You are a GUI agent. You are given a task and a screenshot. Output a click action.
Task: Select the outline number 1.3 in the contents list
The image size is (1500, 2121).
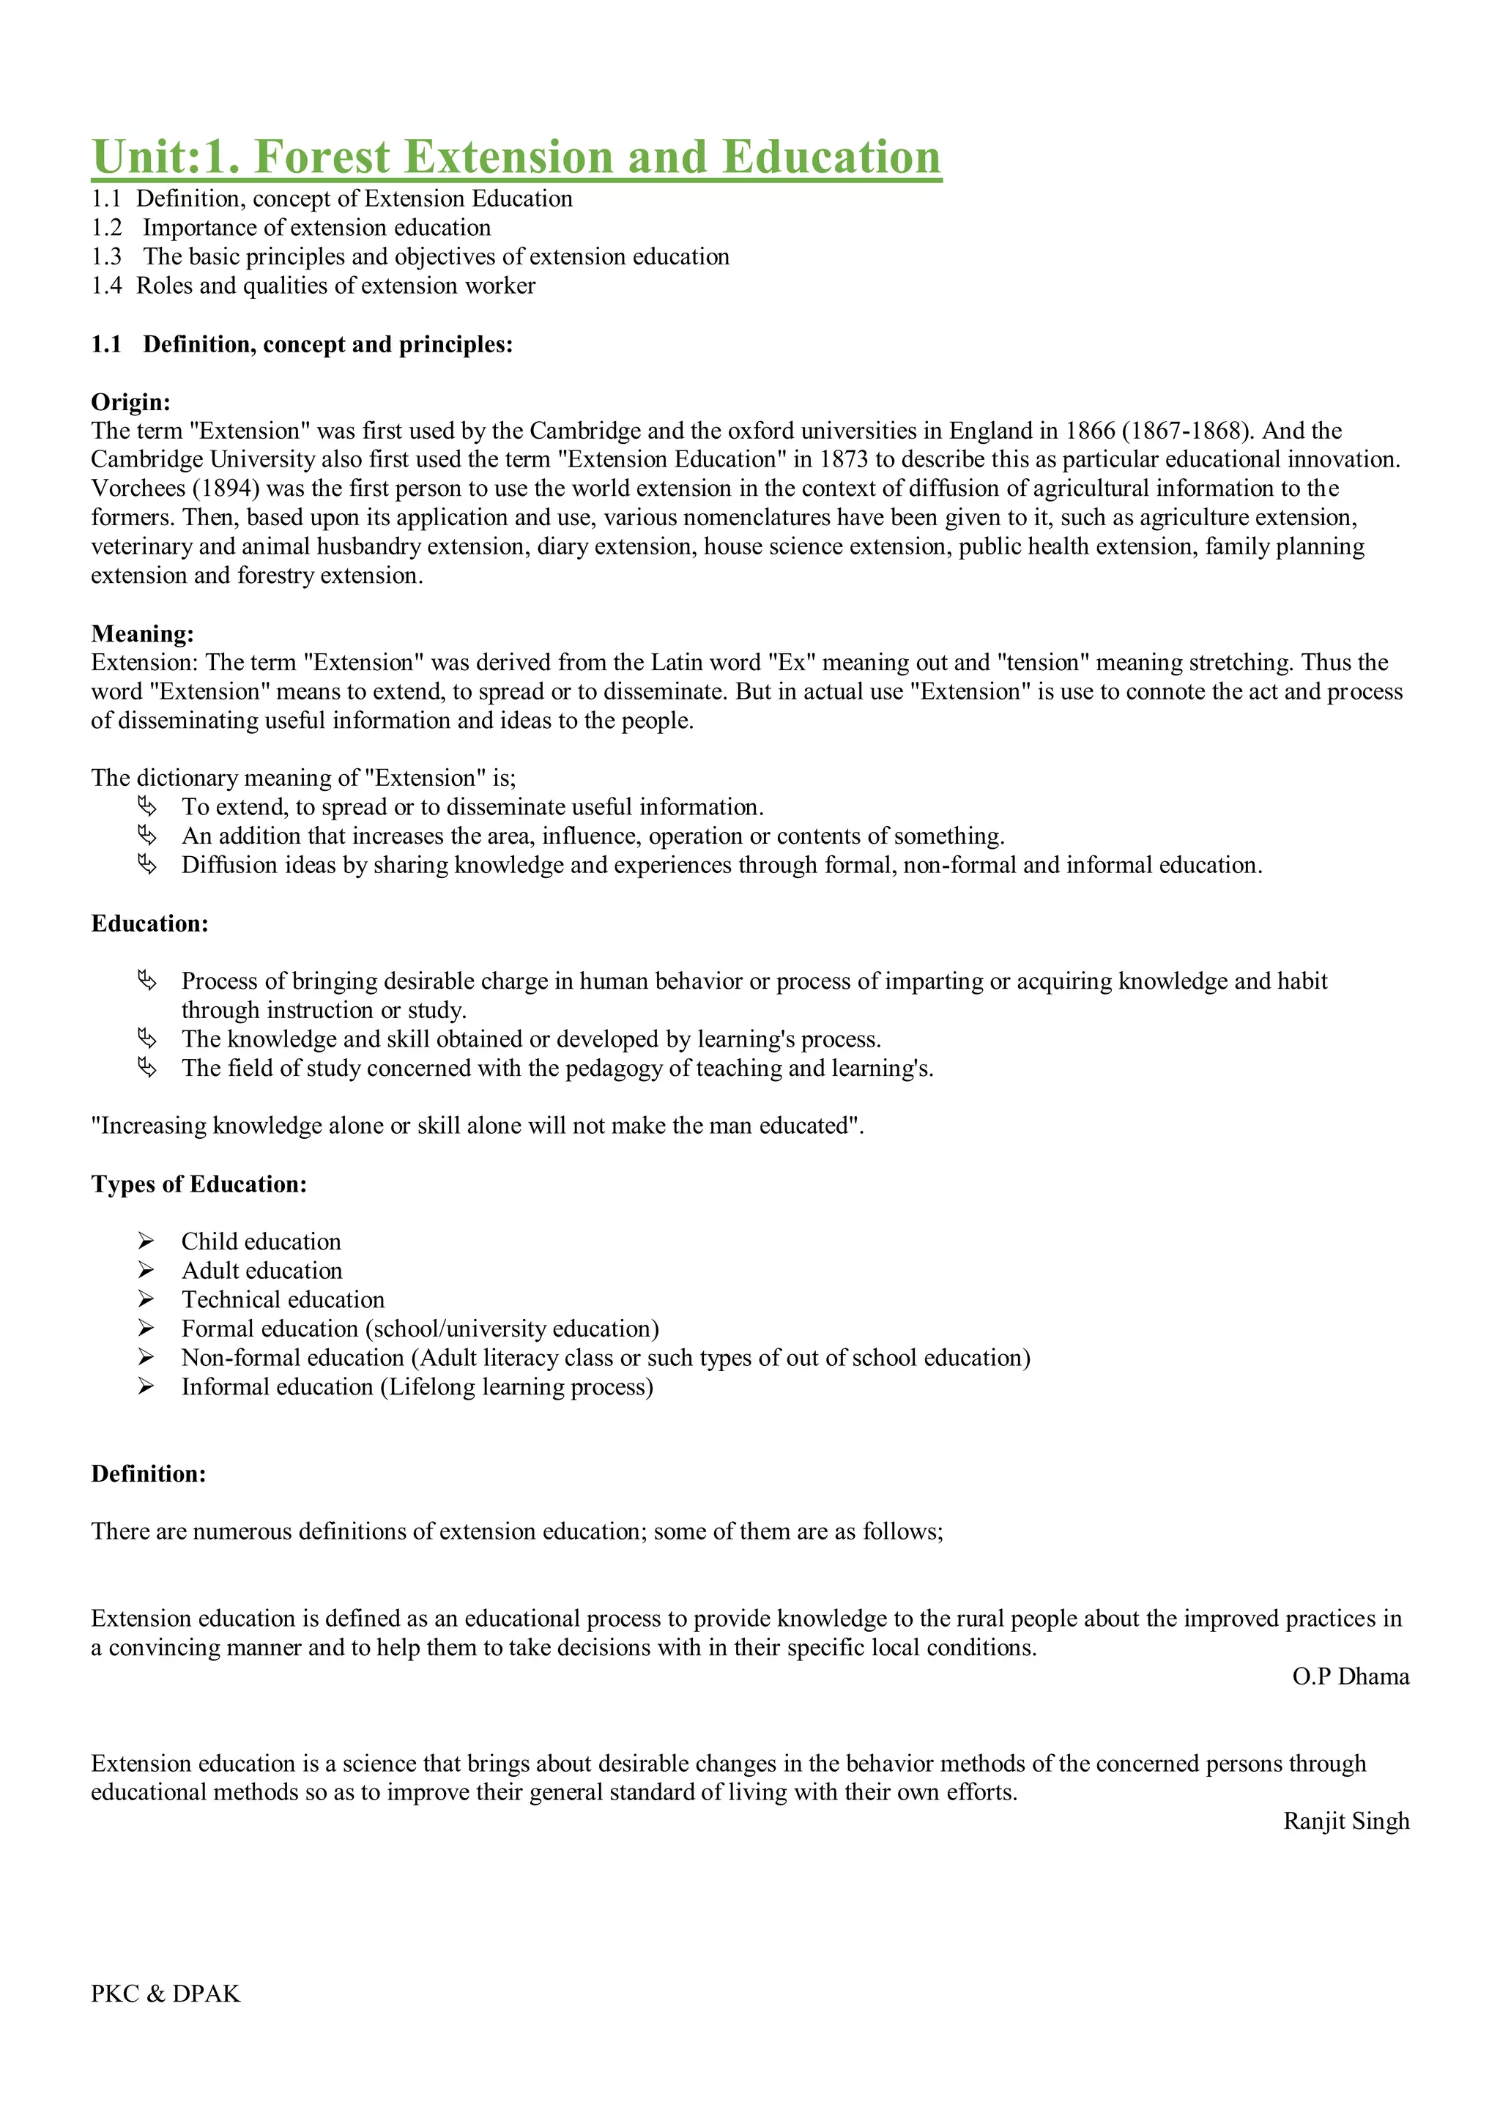(x=106, y=257)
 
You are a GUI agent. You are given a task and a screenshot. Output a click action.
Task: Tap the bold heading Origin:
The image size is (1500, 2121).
(x=130, y=402)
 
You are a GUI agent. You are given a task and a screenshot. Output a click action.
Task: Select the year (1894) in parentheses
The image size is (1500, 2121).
(x=226, y=489)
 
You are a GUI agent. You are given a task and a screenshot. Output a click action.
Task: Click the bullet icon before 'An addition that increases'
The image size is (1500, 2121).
(x=147, y=836)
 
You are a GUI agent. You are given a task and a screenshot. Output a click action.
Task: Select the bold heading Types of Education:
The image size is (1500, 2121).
(x=198, y=1184)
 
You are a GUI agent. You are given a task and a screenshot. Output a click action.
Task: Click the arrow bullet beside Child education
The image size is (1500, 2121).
(x=146, y=1241)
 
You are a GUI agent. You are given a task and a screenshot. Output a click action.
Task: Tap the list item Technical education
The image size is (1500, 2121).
(x=283, y=1300)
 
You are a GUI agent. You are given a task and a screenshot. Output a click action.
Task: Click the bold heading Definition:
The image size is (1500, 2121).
(x=148, y=1474)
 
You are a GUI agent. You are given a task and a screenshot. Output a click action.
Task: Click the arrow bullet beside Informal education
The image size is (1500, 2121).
(x=146, y=1386)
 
